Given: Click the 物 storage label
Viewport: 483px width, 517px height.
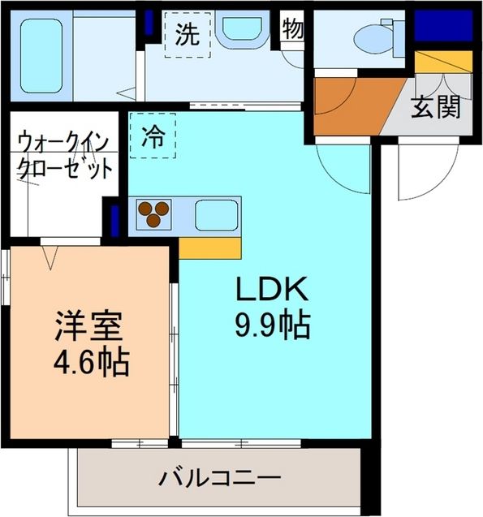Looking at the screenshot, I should [x=293, y=29].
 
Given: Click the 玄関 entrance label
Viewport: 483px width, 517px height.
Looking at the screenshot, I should [x=435, y=107].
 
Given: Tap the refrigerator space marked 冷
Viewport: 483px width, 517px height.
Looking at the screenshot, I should [x=152, y=136].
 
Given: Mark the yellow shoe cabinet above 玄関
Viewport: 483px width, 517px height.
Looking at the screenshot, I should [x=443, y=61].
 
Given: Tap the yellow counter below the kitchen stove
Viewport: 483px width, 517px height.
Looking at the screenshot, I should [x=209, y=248].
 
